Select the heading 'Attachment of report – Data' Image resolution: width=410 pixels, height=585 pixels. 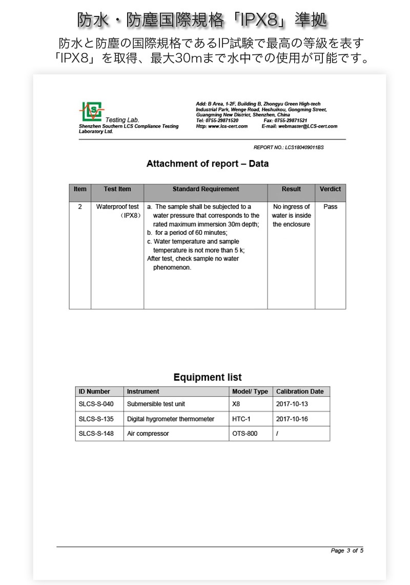207,164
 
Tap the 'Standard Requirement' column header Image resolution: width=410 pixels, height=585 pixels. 206,189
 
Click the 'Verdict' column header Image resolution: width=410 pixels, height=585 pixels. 330,189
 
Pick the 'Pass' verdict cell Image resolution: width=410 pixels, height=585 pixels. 331,207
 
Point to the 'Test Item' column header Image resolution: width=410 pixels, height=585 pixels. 117,189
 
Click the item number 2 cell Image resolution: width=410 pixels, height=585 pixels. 80,207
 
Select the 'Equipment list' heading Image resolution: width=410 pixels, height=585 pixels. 207,377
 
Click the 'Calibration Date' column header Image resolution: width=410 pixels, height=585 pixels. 300,392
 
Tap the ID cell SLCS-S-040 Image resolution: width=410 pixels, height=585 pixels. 96,404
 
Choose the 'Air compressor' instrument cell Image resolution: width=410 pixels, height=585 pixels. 148,434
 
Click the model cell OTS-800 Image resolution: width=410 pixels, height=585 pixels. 244,434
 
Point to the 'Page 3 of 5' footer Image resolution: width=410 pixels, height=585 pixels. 347,551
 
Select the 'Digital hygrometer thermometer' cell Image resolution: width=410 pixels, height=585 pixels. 170,419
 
